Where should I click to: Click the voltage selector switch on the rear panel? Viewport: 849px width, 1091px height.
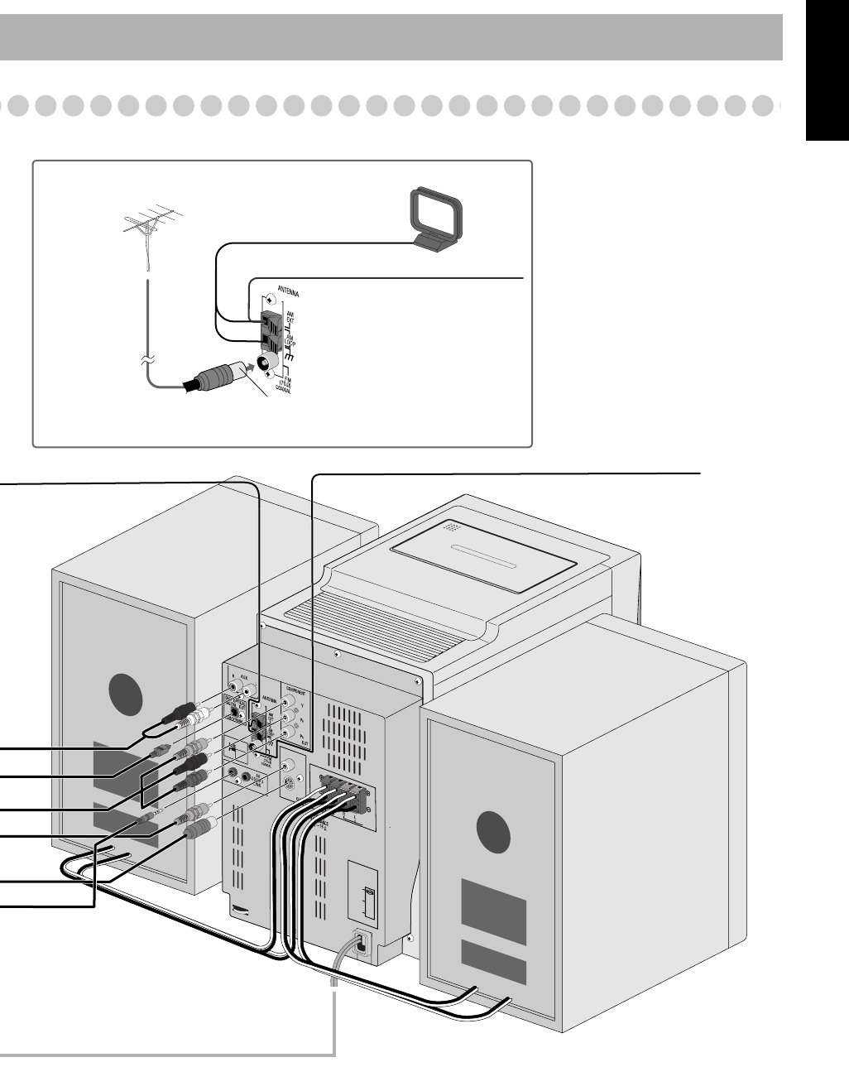pyautogui.click(x=369, y=893)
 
